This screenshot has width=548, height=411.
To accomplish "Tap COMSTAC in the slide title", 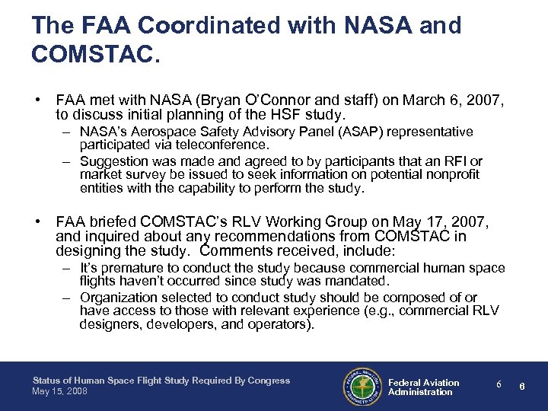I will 91,55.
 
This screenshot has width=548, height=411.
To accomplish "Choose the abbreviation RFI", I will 458,161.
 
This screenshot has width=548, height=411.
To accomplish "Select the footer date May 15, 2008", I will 59,391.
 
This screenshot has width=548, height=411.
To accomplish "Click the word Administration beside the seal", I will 420,392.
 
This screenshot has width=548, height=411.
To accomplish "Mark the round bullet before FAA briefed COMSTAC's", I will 37,222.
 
